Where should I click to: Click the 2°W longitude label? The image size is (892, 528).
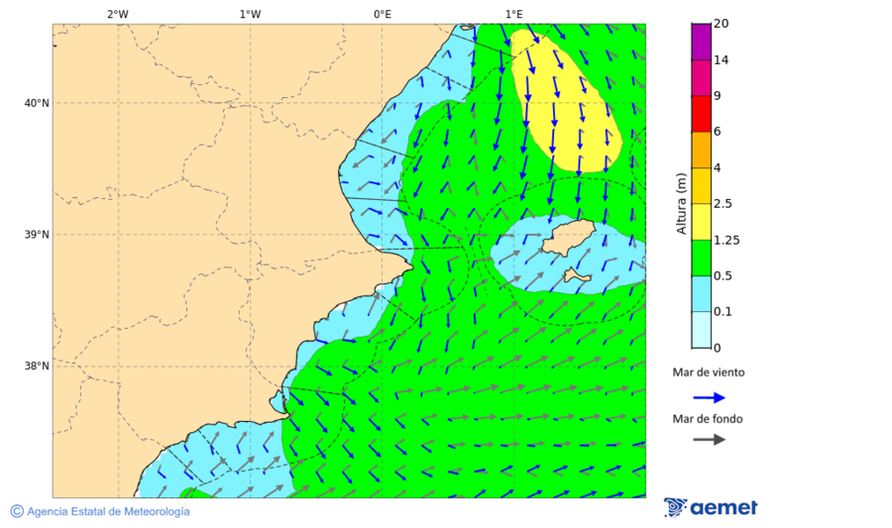(117, 15)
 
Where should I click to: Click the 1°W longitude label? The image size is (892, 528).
(250, 15)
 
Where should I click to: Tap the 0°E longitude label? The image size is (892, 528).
(382, 15)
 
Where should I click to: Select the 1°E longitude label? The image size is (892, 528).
(513, 15)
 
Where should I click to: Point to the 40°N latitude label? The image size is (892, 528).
(37, 103)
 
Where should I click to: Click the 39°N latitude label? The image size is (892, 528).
(37, 235)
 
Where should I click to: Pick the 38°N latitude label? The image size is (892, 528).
(37, 367)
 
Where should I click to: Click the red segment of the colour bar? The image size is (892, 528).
(701, 114)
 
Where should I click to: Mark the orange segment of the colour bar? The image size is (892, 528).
(701, 150)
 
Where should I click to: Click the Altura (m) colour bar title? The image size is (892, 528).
(681, 203)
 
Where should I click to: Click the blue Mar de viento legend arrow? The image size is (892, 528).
(709, 397)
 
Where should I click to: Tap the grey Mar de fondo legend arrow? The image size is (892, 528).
(709, 439)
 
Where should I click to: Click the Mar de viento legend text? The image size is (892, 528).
(708, 372)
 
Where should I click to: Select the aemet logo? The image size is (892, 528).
(711, 507)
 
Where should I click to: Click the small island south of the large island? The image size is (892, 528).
(574, 274)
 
